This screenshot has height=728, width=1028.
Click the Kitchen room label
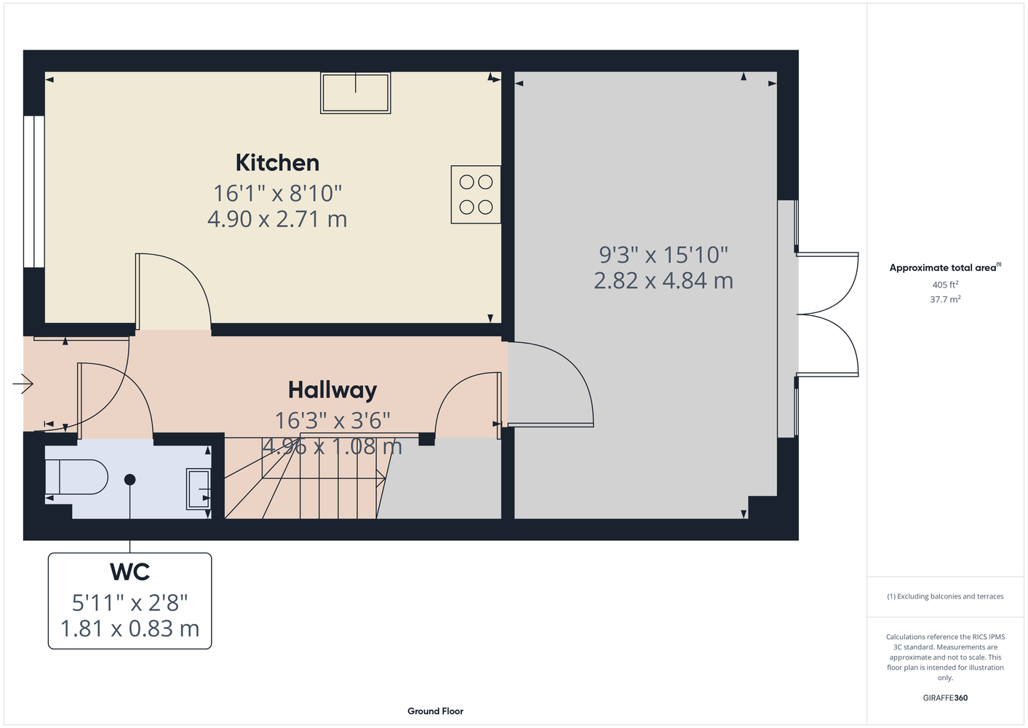[277, 163]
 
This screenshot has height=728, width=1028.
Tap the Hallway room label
[332, 390]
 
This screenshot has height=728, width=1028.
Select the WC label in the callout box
[130, 571]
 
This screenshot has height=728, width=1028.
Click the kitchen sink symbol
[356, 92]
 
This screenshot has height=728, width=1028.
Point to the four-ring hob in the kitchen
[476, 195]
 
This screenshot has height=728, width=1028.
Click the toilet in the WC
[76, 477]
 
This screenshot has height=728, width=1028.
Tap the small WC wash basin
[199, 489]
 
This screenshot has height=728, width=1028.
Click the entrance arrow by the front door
[23, 383]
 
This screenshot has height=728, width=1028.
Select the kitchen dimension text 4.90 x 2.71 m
[277, 219]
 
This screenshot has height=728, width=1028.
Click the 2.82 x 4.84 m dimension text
[664, 280]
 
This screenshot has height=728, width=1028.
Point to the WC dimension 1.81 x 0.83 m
[130, 628]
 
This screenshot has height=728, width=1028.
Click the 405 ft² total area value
[945, 285]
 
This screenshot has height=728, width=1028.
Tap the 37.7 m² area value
[945, 299]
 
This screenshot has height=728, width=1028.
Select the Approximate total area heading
[945, 267]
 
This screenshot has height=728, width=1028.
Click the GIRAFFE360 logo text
[945, 697]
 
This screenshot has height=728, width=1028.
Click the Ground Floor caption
[436, 711]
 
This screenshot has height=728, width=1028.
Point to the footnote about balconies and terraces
[945, 596]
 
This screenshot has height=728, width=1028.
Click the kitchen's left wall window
[34, 191]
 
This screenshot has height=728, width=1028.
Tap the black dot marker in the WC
[130, 480]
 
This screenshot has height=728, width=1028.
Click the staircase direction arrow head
[381, 478]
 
